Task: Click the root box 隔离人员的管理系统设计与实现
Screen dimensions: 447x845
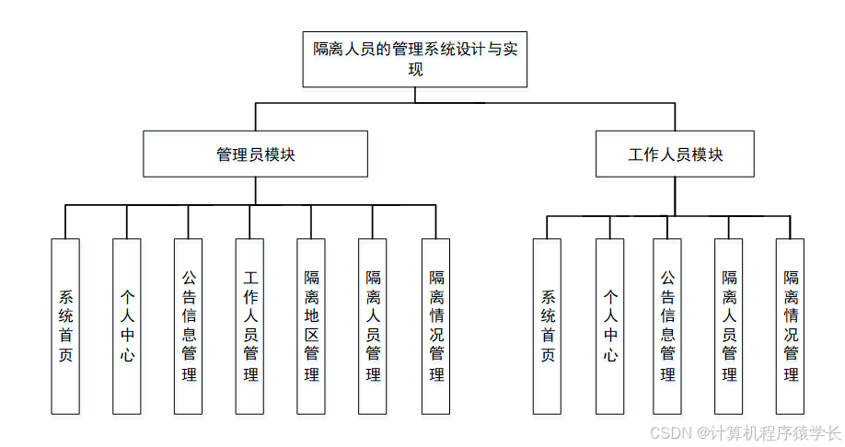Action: click(x=415, y=59)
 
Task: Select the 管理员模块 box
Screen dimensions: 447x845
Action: click(x=255, y=154)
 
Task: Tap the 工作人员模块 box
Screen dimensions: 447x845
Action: click(x=675, y=154)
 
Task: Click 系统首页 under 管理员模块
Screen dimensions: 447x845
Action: click(x=65, y=326)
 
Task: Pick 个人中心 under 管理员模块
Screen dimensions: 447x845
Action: click(x=127, y=326)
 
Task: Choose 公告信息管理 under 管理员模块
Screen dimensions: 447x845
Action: click(x=189, y=326)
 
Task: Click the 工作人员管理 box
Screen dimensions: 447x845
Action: click(x=249, y=326)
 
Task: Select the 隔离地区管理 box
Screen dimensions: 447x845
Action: click(x=311, y=326)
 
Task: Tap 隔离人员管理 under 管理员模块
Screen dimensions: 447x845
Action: click(x=373, y=326)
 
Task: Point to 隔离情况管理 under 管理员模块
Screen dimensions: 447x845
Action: click(x=435, y=326)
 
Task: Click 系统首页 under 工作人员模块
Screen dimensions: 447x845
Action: click(x=547, y=326)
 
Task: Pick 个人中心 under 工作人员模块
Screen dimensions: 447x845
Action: click(x=609, y=326)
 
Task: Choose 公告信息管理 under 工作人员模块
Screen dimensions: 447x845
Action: click(x=667, y=326)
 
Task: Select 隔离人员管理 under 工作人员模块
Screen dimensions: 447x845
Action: click(x=729, y=326)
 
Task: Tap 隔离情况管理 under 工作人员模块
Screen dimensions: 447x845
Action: click(x=790, y=326)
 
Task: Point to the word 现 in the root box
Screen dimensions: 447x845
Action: click(x=416, y=70)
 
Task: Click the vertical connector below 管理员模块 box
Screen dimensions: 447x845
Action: click(x=255, y=191)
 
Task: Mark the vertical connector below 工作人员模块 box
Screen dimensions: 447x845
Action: click(x=675, y=196)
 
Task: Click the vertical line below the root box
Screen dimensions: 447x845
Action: click(x=415, y=95)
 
